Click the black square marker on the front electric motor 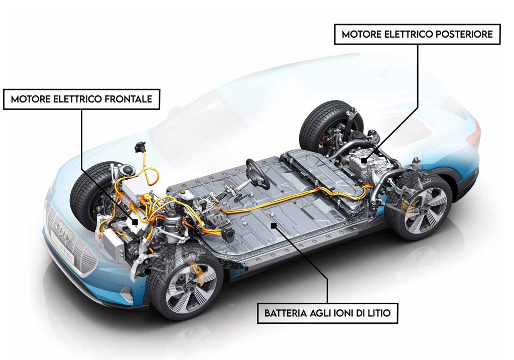135,222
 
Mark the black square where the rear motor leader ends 364,160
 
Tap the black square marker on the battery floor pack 274,225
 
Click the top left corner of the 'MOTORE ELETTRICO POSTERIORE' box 334,24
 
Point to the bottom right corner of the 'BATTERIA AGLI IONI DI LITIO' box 398,323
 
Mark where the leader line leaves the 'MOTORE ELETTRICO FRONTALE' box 82,109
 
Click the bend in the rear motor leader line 418,107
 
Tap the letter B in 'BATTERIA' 267,313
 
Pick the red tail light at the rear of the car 475,132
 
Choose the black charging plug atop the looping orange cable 141,147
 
